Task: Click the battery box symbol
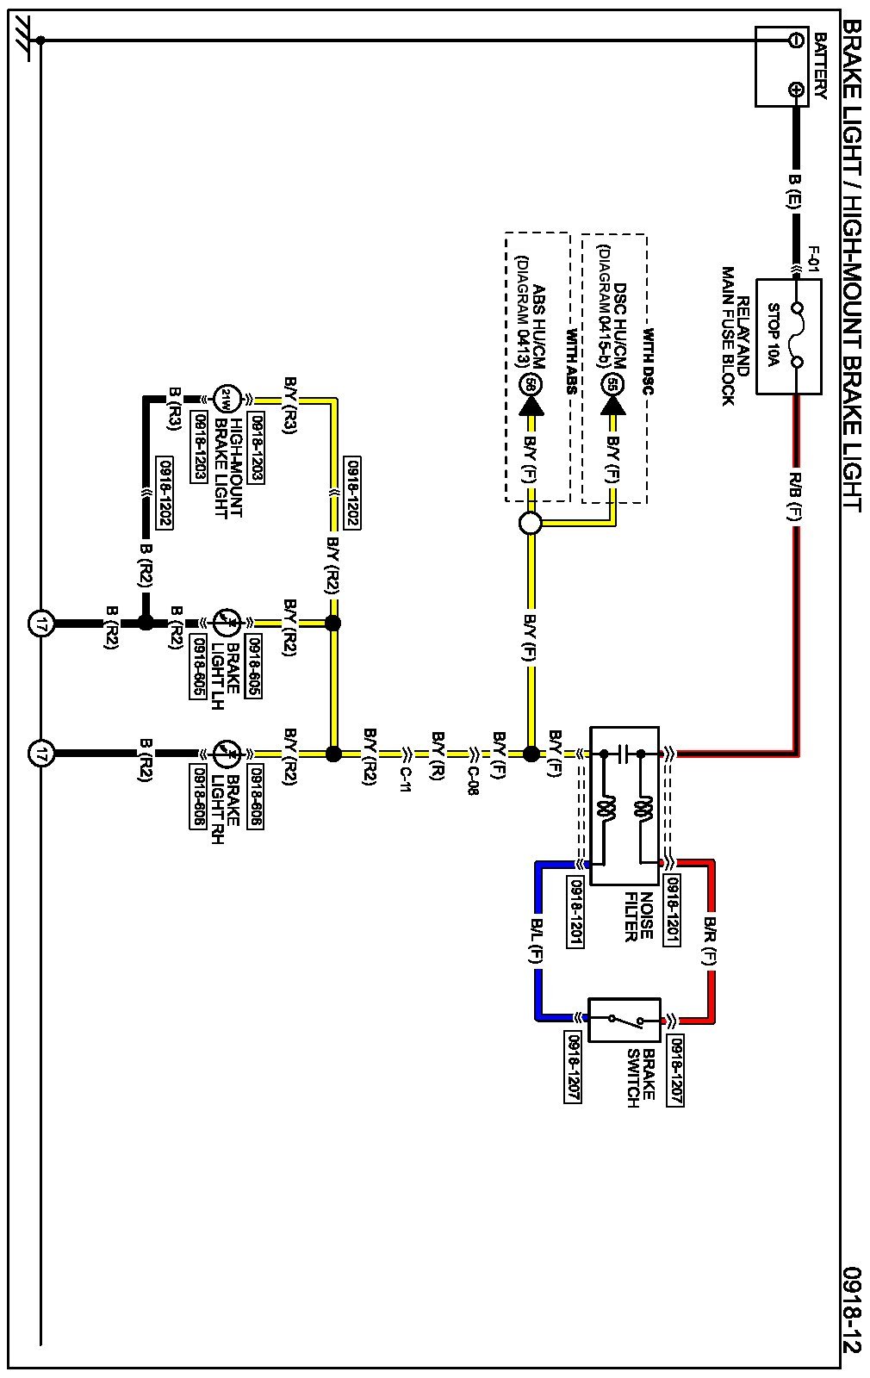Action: [x=782, y=66]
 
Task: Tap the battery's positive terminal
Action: [x=796, y=90]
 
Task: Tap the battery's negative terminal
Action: [x=796, y=40]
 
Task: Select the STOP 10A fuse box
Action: [x=787, y=336]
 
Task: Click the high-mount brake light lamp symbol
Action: [x=226, y=399]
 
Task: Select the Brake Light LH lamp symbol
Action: [x=226, y=622]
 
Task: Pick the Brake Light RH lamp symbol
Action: [x=226, y=754]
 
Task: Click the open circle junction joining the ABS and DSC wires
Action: [x=530, y=523]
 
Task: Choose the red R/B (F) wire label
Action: [x=796, y=497]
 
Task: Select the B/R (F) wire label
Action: [x=710, y=940]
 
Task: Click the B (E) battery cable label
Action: [x=795, y=192]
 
